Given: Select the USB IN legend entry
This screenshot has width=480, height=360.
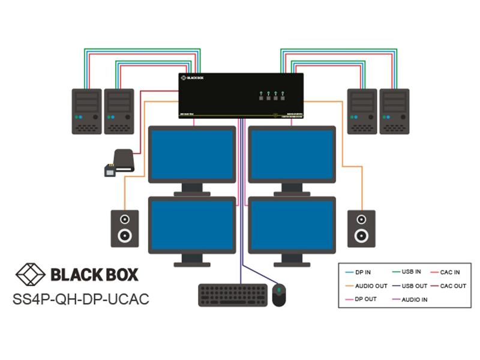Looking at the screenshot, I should (412, 272).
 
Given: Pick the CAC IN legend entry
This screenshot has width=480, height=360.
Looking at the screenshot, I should (450, 272).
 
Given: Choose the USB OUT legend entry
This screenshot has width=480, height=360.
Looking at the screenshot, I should (414, 286).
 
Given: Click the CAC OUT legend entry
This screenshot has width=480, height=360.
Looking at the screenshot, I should (453, 286).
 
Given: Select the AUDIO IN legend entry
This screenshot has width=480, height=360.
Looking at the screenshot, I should (414, 299).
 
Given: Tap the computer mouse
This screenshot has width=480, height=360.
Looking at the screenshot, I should (280, 295).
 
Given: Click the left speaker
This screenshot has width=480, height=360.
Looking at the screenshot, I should (125, 228).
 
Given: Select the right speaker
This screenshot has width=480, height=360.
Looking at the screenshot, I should (362, 228).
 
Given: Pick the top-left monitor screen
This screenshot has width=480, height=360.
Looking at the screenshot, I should (192, 154).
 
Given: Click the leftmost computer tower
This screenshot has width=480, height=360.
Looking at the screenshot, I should (86, 111).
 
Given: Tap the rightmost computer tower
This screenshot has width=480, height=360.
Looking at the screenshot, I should (394, 111).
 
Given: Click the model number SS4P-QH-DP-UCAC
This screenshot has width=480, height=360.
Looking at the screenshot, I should (81, 298).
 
